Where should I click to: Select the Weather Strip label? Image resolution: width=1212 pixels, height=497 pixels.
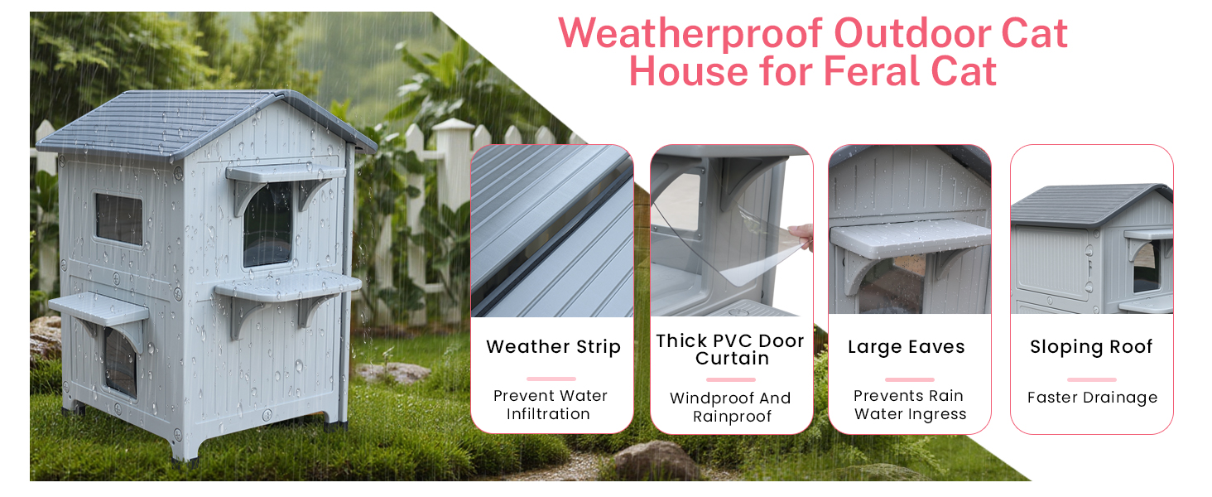(x=553, y=346)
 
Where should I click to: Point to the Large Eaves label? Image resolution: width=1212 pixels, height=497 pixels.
(x=907, y=347)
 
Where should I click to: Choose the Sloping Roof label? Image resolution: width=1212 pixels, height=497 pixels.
(x=1091, y=347)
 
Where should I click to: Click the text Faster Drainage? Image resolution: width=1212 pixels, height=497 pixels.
(x=1093, y=398)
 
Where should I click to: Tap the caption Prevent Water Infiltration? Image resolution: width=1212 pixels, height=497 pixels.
(x=551, y=404)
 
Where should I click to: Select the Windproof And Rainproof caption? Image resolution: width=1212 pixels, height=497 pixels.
(x=730, y=408)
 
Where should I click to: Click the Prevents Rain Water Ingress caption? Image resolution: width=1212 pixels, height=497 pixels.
(x=910, y=404)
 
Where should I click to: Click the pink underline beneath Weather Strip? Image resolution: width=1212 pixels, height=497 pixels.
(x=551, y=379)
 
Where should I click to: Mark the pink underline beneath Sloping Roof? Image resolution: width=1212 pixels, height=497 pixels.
(x=1091, y=379)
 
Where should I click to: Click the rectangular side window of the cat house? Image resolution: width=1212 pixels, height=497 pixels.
(x=119, y=220)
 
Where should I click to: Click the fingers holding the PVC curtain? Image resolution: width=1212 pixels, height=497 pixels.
(x=802, y=237)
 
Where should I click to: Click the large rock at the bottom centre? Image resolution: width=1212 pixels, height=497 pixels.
(x=656, y=461)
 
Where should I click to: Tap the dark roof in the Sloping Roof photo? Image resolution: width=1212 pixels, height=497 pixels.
(x=1088, y=204)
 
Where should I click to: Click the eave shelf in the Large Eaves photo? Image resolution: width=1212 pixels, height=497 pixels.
(x=910, y=239)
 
